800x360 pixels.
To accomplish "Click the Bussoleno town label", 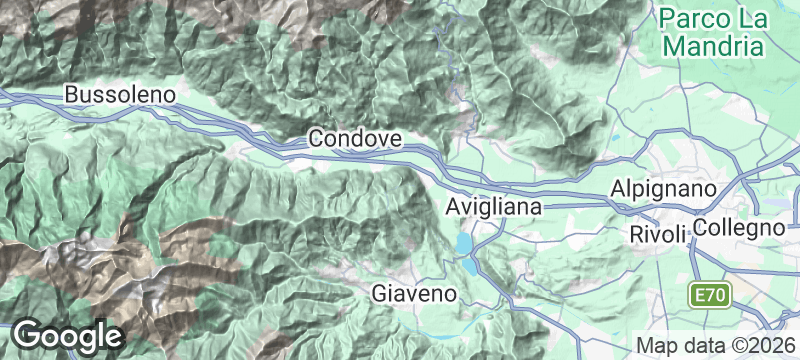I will click(x=120, y=95).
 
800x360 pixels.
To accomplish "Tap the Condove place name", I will click(x=355, y=138).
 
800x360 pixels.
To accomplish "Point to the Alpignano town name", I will click(x=665, y=190).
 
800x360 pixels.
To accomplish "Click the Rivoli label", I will click(x=659, y=234).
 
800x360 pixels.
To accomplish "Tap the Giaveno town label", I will click(x=414, y=294).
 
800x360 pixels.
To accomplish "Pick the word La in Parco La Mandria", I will click(x=754, y=19).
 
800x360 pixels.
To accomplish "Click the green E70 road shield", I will click(x=713, y=296).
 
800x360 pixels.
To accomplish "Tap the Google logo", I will click(x=68, y=335).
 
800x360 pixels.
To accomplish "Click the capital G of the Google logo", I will click(x=30, y=334).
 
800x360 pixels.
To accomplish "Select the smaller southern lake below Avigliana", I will click(x=471, y=266).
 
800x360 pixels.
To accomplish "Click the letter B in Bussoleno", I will click(x=71, y=95).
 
